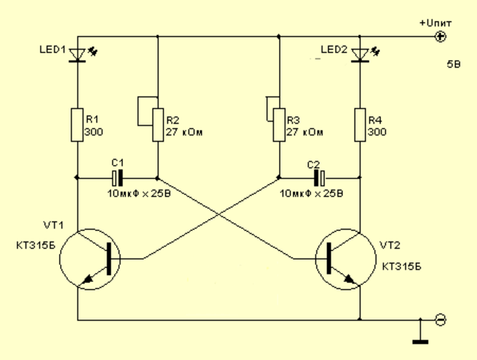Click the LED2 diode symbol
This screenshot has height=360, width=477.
click(360, 55)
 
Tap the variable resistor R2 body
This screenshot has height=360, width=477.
click(158, 124)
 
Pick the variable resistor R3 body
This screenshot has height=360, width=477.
click(278, 124)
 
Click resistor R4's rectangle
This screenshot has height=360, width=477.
click(360, 124)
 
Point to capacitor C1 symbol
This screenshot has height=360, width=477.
click(117, 178)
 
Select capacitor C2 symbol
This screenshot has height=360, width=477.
click(319, 178)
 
